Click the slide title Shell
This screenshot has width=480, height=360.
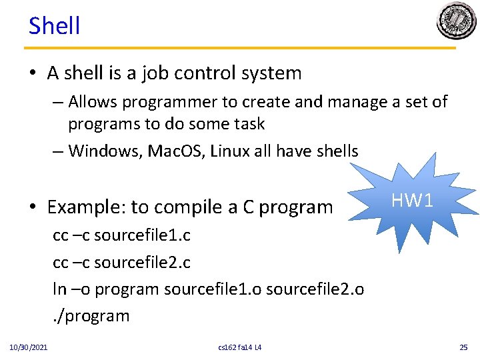click(x=54, y=26)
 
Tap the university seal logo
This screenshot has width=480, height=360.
click(x=457, y=21)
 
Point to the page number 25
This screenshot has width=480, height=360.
click(x=464, y=347)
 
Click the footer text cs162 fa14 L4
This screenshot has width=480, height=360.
click(x=240, y=347)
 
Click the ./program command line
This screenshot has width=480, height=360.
click(x=91, y=315)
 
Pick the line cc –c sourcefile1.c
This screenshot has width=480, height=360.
click(x=121, y=236)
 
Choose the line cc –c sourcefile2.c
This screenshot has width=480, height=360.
click(x=121, y=263)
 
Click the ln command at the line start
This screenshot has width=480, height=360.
click(x=59, y=289)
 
